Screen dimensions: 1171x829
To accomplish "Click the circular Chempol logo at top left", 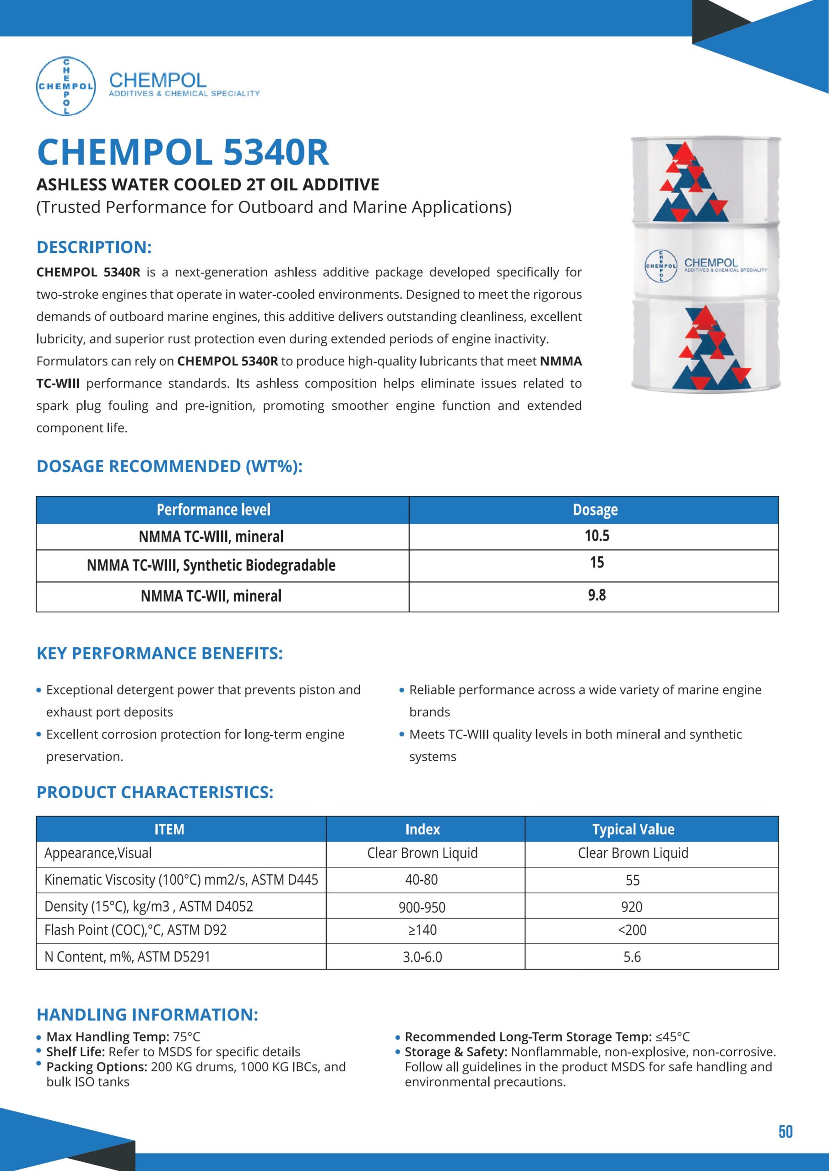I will (66, 86).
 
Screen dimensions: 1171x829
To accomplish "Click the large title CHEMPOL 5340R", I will (183, 152).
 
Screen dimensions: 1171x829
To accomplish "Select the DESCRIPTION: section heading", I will (94, 247).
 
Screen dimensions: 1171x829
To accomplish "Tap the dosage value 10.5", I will (597, 536).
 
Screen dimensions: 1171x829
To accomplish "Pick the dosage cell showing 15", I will (597, 563).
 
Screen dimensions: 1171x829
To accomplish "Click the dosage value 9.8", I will (597, 595).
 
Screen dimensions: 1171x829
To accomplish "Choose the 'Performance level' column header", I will (213, 510).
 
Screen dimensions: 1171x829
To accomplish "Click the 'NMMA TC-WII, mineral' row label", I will (211, 596).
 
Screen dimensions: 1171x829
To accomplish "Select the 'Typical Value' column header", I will (633, 830).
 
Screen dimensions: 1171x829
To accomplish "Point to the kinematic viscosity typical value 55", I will (633, 880).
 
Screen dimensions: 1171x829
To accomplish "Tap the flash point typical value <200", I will (632, 930).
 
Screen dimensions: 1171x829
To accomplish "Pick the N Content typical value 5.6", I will (632, 957).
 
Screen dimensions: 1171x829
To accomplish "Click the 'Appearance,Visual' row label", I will (98, 853).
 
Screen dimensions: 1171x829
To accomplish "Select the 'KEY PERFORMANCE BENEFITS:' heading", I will (159, 653).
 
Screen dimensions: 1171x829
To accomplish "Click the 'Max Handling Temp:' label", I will (108, 1037).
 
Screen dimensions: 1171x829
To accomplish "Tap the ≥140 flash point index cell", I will (422, 930).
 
